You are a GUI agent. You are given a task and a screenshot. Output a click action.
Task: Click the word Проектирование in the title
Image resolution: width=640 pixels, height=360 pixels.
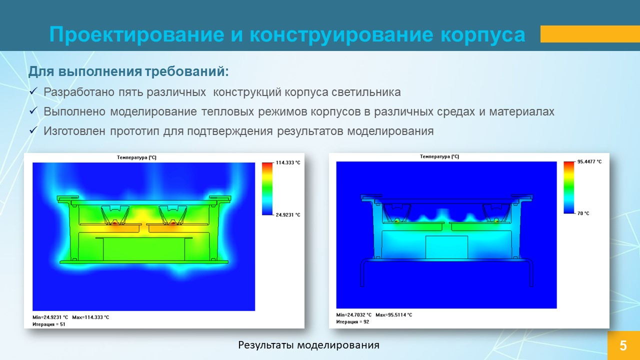point(137,35)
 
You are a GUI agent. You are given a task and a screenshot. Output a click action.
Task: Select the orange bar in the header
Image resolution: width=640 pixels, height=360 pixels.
point(590,34)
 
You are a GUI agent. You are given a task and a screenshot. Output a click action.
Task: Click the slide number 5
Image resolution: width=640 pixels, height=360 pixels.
point(623,345)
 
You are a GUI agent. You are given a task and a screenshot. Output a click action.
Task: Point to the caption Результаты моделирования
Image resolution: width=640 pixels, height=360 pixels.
point(308,345)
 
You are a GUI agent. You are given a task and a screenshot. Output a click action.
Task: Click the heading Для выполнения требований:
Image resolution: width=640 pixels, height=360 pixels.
point(128,71)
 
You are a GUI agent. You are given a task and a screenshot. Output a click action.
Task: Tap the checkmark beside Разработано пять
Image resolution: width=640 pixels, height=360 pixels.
point(33,91)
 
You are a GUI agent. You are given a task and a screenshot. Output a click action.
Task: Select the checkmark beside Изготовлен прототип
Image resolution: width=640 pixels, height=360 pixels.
point(33,130)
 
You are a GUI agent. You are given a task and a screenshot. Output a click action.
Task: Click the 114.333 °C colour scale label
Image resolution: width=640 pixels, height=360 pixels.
point(288,162)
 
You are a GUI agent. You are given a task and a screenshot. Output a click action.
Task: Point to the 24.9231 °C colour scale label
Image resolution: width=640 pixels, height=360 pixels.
point(288,215)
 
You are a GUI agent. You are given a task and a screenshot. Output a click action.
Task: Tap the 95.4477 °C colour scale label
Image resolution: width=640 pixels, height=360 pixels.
point(589,161)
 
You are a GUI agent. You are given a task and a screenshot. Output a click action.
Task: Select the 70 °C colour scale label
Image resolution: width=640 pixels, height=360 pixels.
point(583,213)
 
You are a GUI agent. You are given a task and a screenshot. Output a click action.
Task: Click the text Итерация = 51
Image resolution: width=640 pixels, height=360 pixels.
point(49,324)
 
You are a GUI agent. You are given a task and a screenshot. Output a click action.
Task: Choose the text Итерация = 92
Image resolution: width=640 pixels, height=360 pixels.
point(352,321)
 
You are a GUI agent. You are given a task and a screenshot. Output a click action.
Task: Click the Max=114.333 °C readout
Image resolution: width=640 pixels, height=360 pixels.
point(90,317)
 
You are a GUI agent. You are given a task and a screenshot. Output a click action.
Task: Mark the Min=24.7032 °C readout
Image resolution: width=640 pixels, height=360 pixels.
point(353,315)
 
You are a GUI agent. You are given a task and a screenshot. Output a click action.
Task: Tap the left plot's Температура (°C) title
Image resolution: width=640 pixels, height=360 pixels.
point(136,157)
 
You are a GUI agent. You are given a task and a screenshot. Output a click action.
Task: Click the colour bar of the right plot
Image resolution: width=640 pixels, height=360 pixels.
point(569,187)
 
